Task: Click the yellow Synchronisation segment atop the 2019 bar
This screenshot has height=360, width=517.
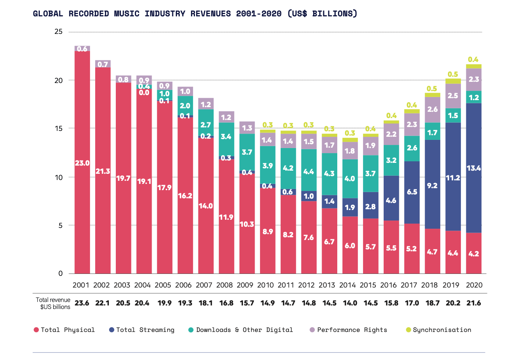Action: point(453,81)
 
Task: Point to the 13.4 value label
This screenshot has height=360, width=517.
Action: point(474,168)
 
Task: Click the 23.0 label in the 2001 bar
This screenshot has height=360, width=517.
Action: point(82,163)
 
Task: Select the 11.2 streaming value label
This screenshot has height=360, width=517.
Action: point(453,178)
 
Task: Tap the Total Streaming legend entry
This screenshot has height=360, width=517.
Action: point(142,330)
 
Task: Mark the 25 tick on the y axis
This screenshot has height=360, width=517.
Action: point(58,32)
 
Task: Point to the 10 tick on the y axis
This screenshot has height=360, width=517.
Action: point(58,177)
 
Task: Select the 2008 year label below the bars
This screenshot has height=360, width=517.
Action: point(225,285)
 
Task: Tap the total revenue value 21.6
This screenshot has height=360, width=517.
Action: point(474,303)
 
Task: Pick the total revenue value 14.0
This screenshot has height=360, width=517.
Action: point(350,303)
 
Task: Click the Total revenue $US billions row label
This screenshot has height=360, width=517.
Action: point(53,303)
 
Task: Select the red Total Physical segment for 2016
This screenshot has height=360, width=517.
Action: point(391,247)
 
